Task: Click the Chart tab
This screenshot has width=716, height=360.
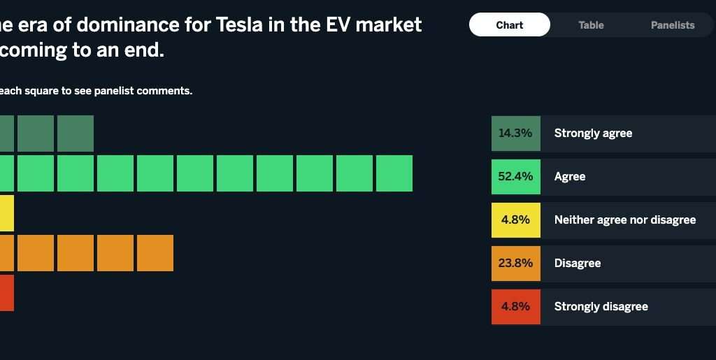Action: (x=509, y=25)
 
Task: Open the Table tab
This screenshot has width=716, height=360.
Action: (x=591, y=25)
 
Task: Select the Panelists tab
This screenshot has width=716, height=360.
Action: (x=673, y=25)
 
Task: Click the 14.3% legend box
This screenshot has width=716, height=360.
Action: (x=515, y=134)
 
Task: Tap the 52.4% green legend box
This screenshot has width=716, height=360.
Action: (x=515, y=177)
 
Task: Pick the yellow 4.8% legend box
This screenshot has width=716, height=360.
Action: (x=515, y=220)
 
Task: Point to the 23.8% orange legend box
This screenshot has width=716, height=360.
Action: (x=515, y=264)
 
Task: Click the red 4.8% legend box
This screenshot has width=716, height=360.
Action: (x=515, y=307)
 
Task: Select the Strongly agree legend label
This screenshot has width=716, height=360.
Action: (x=593, y=134)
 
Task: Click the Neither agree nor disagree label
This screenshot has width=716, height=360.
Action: (x=624, y=220)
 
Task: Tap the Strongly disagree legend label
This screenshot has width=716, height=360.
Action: (x=601, y=307)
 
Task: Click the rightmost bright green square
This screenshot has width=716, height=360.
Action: (x=394, y=173)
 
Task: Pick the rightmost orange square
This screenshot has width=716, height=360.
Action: (x=155, y=253)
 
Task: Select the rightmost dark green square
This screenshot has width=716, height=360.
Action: (x=76, y=134)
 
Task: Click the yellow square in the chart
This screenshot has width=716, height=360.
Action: (x=6, y=213)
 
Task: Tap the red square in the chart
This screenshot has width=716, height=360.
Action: (x=6, y=293)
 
